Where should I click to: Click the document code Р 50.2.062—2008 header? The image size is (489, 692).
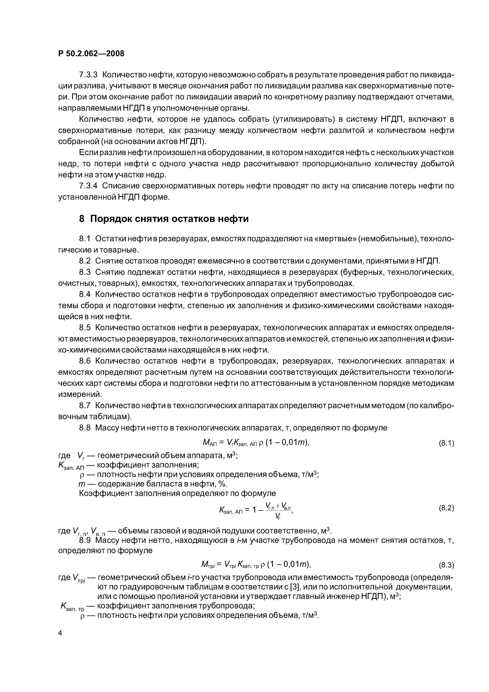91,54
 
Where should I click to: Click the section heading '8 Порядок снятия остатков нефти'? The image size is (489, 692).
164,219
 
